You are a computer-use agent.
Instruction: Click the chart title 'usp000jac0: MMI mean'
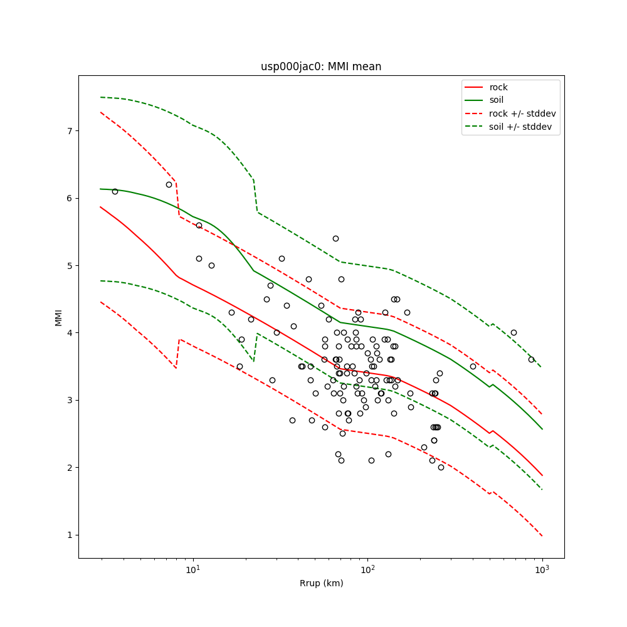[321, 66]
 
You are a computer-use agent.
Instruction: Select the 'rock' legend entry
[498, 87]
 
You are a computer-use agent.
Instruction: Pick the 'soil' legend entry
[497, 100]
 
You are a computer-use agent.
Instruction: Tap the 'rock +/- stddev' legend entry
[522, 113]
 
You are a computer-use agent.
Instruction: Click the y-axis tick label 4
[70, 333]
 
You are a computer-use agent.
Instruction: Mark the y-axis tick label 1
[70, 535]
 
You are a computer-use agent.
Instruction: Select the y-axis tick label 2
[70, 468]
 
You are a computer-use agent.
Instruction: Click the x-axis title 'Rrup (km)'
[321, 584]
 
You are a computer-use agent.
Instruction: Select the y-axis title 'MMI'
[58, 317]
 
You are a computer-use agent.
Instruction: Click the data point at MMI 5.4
[335, 238]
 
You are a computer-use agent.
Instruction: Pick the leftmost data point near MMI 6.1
[115, 191]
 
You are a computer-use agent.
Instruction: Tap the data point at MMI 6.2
[169, 184]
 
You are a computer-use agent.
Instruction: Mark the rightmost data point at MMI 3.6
[531, 359]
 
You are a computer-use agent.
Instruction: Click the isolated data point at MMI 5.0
[211, 265]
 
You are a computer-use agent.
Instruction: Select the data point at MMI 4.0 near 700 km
[514, 332]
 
